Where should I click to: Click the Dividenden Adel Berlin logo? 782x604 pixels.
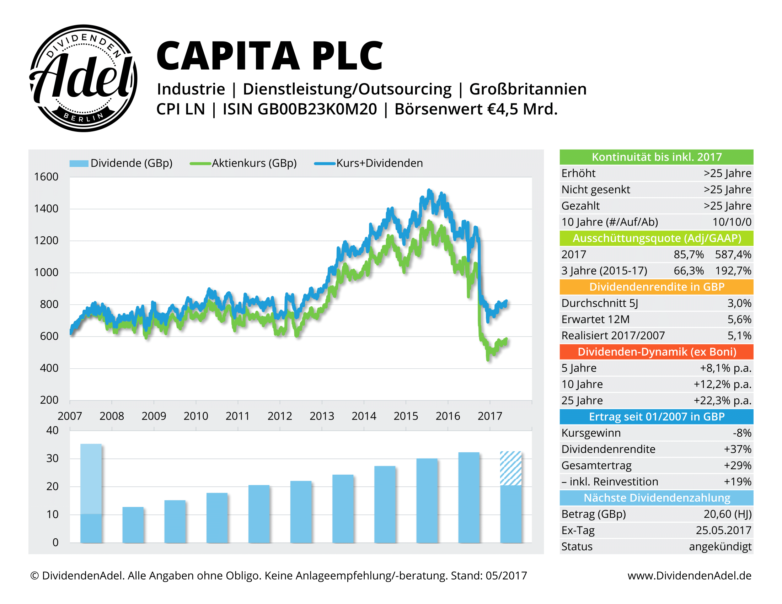tap(83, 78)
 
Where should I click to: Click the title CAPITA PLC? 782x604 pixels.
tap(269, 56)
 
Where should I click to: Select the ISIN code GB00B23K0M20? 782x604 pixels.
tap(317, 109)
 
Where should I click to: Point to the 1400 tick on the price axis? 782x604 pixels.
tap(46, 209)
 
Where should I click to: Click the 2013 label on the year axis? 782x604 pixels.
tap(322, 416)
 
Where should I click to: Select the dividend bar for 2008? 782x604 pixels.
tap(133, 524)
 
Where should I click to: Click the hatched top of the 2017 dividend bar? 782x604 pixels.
tap(510, 468)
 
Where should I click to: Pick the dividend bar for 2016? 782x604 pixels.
tap(469, 497)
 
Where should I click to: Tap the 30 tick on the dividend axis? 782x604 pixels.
tap(52, 458)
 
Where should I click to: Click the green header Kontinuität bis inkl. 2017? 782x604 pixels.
tap(656, 157)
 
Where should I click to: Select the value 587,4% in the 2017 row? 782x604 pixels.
tap(733, 254)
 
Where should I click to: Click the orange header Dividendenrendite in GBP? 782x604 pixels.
tap(656, 287)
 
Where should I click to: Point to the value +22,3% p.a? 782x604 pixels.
tap(722, 400)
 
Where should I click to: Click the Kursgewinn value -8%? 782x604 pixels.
tap(742, 433)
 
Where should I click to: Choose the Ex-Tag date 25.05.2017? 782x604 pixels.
tap(723, 530)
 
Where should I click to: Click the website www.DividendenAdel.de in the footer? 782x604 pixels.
tap(689, 575)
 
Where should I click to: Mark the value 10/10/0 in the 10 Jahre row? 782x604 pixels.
tap(732, 222)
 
